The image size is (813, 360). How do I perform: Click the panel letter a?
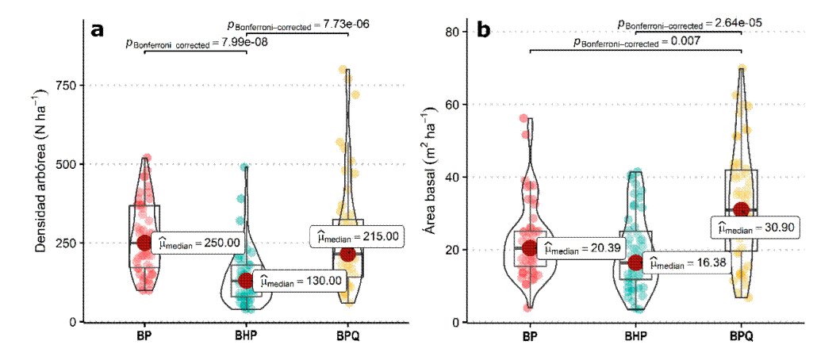(98, 30)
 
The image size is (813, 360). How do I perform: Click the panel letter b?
(483, 30)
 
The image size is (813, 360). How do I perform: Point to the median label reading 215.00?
(358, 236)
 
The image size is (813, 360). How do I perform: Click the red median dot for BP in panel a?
(144, 243)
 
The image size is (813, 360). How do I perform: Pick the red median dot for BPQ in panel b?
(742, 209)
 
